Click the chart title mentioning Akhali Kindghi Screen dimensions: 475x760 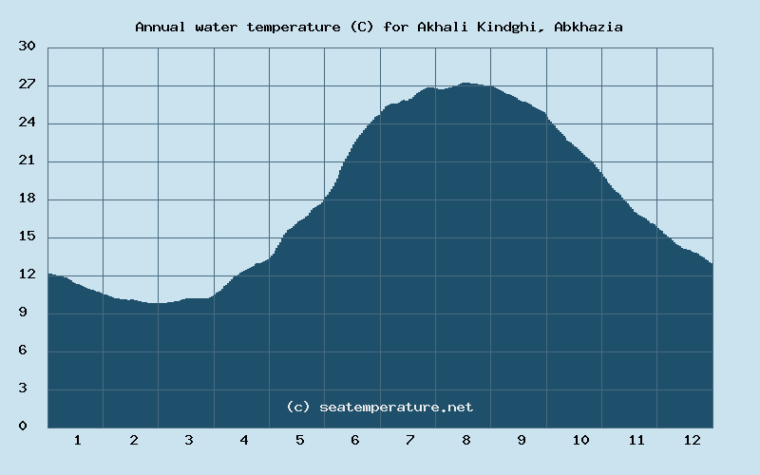[x=379, y=27]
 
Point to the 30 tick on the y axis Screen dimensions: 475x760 [x=27, y=47]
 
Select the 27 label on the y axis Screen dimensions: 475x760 [x=27, y=85]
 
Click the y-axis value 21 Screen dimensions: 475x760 [x=27, y=161]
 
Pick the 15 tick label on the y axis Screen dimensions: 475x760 [x=27, y=237]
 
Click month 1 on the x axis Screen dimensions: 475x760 [x=77, y=440]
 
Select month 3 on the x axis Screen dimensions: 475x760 [x=189, y=440]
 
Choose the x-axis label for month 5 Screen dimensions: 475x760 [x=299, y=440]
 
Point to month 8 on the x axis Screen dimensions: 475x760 [x=466, y=440]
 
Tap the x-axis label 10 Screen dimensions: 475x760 [x=580, y=440]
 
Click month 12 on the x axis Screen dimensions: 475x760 [x=692, y=440]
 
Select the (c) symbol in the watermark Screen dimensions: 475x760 [x=297, y=407]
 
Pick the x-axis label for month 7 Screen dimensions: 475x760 [x=410, y=440]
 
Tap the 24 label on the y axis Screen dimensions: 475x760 [x=27, y=123]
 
